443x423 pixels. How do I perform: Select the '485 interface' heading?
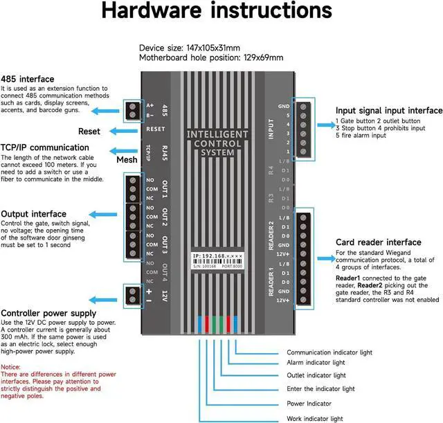pos(28,79)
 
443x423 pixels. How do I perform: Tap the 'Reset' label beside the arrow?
pos(89,132)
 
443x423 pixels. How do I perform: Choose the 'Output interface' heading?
pos(34,214)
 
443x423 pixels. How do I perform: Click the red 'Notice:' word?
pos(10,367)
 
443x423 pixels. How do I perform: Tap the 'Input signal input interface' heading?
pos(388,111)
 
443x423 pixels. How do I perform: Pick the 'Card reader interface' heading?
pos(378,242)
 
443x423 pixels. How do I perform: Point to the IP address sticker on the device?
pos(217,260)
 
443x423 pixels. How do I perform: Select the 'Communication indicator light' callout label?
pos(329,352)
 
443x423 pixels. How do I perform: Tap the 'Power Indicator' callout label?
pos(309,403)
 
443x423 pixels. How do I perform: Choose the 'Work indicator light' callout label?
pos(315,418)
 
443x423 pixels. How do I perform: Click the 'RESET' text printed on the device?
pos(155,129)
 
